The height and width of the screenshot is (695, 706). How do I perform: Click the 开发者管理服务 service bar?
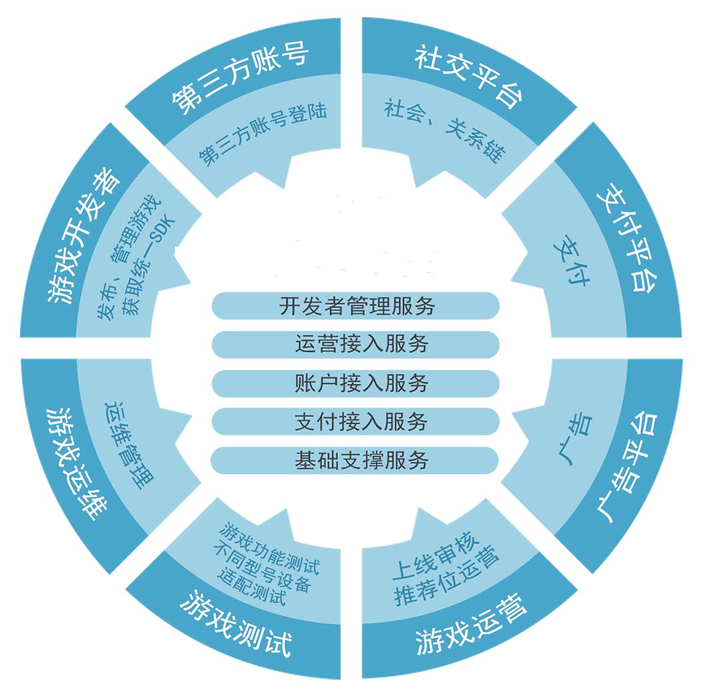[x=355, y=305]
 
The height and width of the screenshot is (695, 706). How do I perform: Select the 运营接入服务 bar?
[x=355, y=344]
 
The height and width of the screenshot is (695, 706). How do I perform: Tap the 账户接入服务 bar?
[x=355, y=382]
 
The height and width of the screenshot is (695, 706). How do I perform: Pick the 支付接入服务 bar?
[x=355, y=421]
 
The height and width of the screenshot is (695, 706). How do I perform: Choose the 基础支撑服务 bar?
[x=355, y=460]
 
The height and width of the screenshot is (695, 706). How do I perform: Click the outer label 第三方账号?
[x=240, y=80]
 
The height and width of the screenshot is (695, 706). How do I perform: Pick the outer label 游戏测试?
[x=236, y=623]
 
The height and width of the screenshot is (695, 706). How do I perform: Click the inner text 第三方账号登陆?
[x=263, y=134]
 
